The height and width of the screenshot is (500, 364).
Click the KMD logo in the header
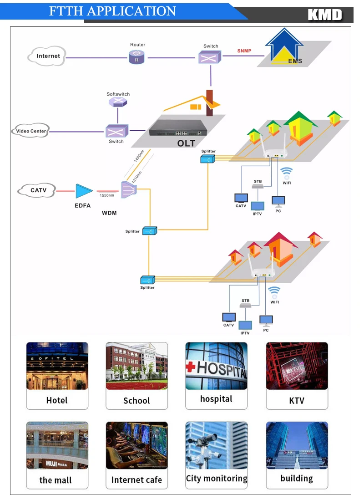click(324, 15)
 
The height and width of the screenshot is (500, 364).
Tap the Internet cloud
click(47, 56)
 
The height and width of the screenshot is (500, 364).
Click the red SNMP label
click(244, 51)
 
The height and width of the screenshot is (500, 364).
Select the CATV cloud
click(37, 190)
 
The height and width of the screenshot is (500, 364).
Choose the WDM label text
click(110, 212)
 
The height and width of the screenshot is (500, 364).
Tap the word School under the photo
click(136, 401)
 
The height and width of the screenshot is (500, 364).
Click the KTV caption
click(297, 401)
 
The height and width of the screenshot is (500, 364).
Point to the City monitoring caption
click(216, 479)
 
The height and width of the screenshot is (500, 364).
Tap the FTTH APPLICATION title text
click(112, 11)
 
